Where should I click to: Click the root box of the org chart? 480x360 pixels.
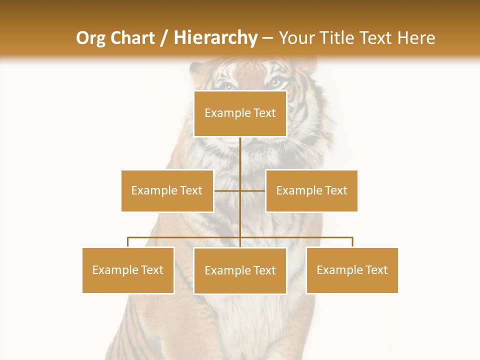click(240, 113)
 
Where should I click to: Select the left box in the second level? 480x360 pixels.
click(167, 190)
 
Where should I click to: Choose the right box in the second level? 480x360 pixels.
click(311, 190)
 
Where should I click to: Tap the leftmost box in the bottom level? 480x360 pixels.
click(128, 270)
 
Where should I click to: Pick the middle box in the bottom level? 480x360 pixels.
click(240, 270)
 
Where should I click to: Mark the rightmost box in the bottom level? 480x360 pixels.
click(352, 270)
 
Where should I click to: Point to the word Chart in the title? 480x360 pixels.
click(133, 38)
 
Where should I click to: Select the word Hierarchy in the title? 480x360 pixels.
click(215, 38)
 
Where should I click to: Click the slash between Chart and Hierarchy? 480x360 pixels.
click(164, 38)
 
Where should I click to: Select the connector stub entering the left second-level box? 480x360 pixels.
click(227, 190)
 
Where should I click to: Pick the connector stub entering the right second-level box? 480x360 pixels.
click(253, 190)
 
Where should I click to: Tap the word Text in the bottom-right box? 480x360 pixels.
click(376, 270)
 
